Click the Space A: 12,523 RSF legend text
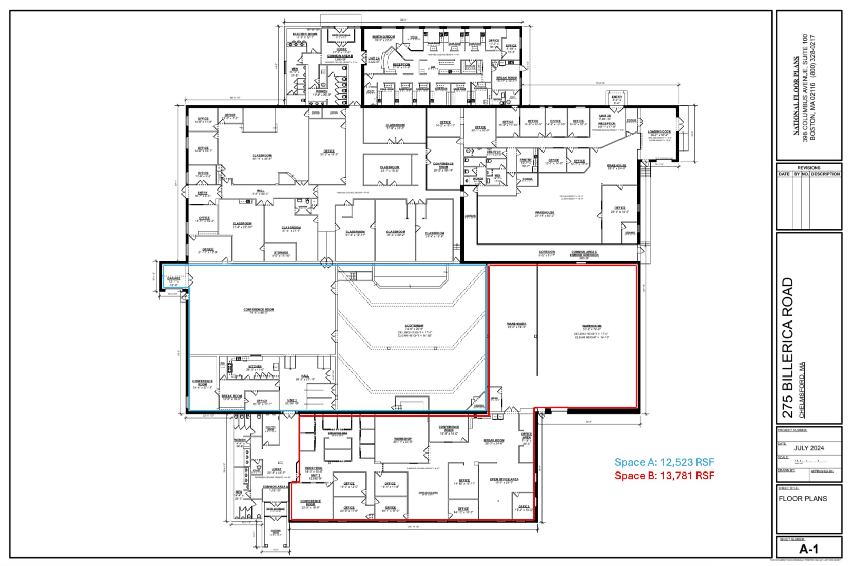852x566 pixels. [x=664, y=462]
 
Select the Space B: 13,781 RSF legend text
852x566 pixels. [x=664, y=476]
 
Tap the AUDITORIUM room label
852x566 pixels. [x=414, y=326]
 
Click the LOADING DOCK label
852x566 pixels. [x=659, y=132]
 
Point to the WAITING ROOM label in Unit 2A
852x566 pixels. [x=383, y=37]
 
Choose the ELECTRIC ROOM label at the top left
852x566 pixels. [x=305, y=34]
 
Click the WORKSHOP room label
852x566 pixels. [x=402, y=439]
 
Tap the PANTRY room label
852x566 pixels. [x=526, y=160]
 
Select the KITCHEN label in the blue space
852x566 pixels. [x=255, y=366]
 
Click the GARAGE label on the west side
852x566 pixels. [x=173, y=278]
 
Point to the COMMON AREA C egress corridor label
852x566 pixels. [x=584, y=252]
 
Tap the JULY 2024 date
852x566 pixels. [x=808, y=448]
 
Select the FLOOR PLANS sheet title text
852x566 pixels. [x=803, y=498]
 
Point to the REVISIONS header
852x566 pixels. [x=808, y=168]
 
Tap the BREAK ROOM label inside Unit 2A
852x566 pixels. [x=506, y=78]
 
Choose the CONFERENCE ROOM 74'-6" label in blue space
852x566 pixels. [x=258, y=310]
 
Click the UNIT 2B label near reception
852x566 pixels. [x=605, y=116]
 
